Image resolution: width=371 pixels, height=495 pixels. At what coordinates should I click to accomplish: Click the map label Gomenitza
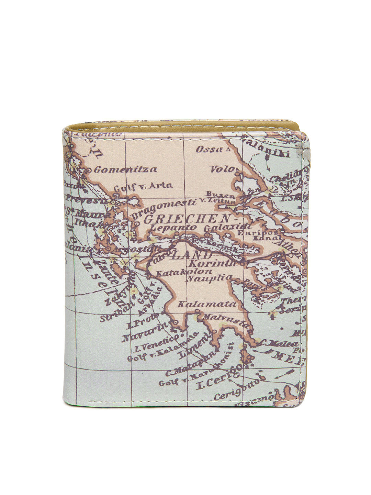125,169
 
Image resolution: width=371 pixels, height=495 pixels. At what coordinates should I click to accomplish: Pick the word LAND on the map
192,255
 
